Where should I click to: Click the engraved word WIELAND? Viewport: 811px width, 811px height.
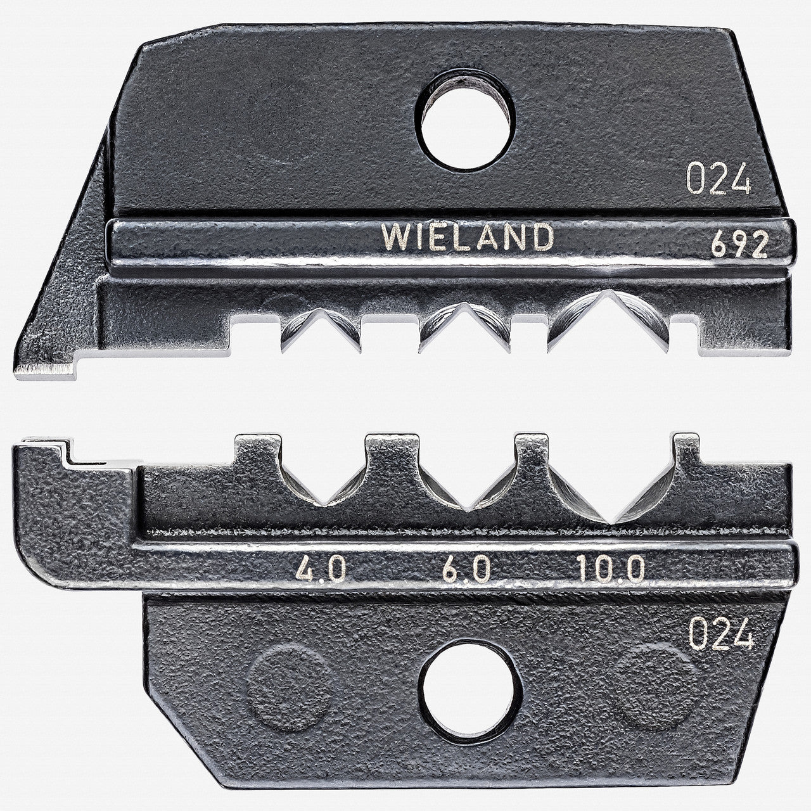466,238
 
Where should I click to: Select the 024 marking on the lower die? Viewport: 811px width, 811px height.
722,634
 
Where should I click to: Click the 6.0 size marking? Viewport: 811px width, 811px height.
464,571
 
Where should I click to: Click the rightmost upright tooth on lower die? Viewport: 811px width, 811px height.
687,451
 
